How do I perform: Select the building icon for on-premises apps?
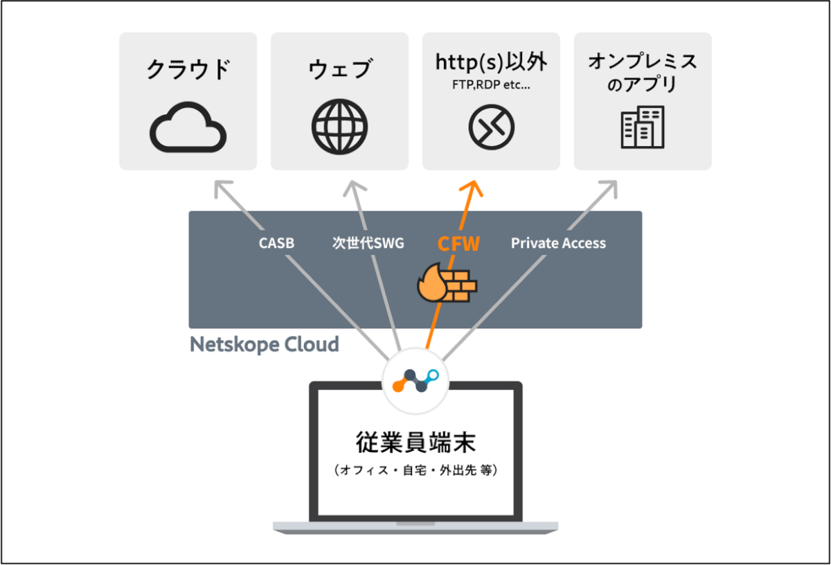point(643,127)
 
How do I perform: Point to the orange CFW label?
point(458,244)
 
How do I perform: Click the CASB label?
point(276,243)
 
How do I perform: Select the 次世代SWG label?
point(368,243)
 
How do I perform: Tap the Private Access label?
point(558,243)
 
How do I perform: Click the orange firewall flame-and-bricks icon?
point(447,282)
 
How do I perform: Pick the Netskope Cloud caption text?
point(264,344)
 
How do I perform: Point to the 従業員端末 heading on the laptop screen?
point(415,442)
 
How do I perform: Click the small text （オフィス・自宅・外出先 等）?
point(415,470)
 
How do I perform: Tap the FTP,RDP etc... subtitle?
point(491,85)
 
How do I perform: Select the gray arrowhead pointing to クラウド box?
point(222,188)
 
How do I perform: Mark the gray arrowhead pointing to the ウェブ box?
point(355,188)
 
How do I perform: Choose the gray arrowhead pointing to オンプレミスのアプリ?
point(610,188)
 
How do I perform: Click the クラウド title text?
point(188,69)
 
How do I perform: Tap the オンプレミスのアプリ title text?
point(643,72)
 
